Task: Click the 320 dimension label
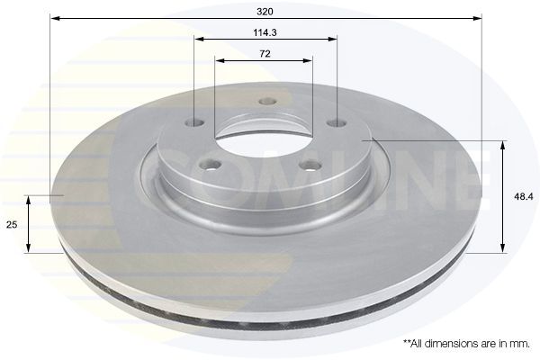point(265,12)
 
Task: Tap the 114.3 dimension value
point(265,32)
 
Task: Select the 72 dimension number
point(265,54)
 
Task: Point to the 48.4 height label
point(523,197)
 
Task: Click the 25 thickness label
point(12,225)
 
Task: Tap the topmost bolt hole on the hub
point(267,102)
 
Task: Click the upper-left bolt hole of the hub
point(194,122)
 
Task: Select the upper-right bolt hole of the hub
point(337,123)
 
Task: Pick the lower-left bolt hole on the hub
point(210,165)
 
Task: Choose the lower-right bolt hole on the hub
point(310,166)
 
